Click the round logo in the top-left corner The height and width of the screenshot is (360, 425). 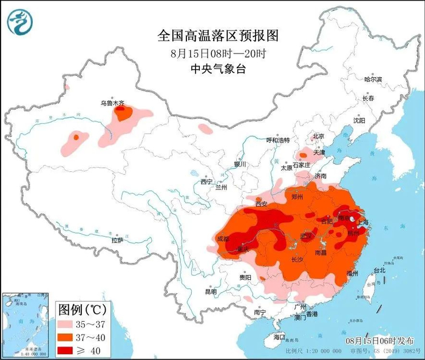pyautogui.click(x=19, y=22)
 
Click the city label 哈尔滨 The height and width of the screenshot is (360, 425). pyautogui.click(x=373, y=80)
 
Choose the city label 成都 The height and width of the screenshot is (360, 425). pyautogui.click(x=223, y=239)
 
